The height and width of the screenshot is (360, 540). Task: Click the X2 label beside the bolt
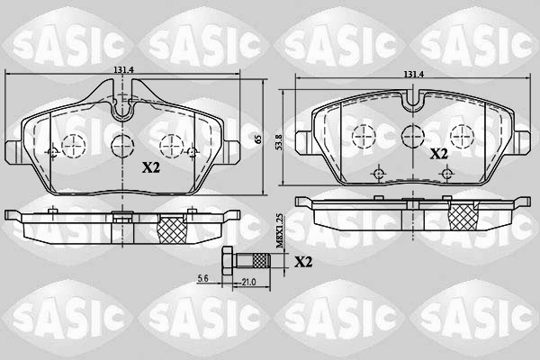click(303, 262)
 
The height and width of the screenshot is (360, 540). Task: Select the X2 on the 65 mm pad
click(150, 166)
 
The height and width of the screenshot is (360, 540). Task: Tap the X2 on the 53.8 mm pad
click(438, 154)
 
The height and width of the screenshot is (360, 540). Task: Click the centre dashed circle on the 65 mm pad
click(121, 144)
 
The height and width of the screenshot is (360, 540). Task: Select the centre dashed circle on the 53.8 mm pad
click(412, 135)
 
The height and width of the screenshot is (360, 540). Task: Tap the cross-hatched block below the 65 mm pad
click(170, 229)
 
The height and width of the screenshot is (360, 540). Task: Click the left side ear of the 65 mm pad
click(12, 149)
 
